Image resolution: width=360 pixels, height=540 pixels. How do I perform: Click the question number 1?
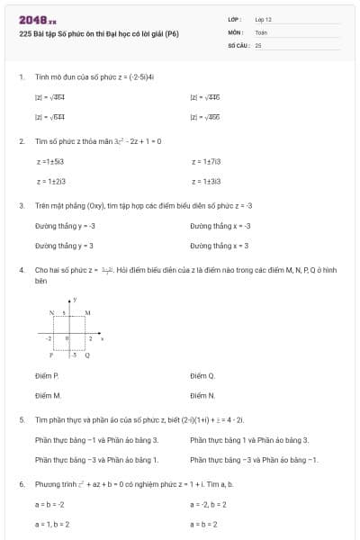tap(21, 77)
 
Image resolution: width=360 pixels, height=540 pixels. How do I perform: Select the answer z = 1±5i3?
tap(50, 161)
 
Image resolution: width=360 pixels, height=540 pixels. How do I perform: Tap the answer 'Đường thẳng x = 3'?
tap(220, 245)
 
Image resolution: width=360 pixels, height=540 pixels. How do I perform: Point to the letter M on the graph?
tap(87, 311)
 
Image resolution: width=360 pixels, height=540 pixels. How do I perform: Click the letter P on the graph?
tap(52, 355)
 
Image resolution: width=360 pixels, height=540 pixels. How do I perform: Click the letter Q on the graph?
tap(87, 355)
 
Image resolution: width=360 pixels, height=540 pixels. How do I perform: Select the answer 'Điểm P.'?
tap(47, 375)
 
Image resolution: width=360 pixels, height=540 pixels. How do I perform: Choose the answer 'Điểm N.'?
tap(202, 395)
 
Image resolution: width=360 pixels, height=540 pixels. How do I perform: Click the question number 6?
tap(21, 484)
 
